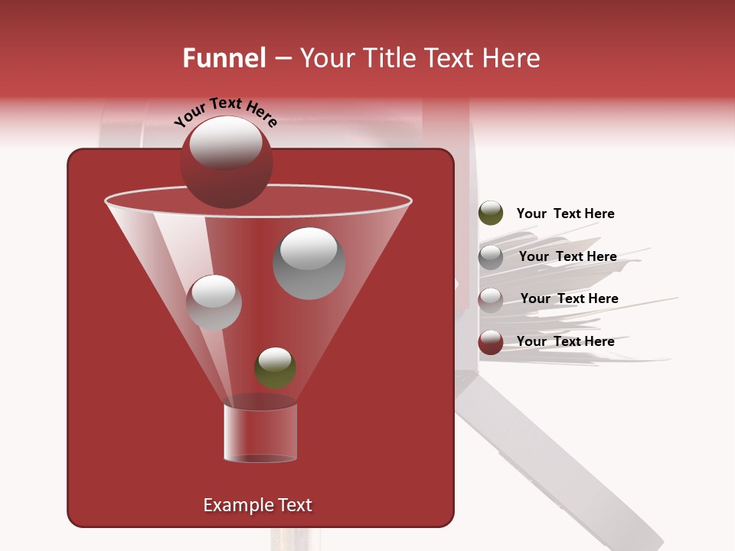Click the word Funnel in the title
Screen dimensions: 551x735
click(224, 58)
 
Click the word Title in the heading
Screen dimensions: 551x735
click(387, 58)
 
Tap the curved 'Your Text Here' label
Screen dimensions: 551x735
click(225, 112)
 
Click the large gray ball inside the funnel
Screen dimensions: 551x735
click(309, 263)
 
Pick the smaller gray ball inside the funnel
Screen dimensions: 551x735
click(214, 302)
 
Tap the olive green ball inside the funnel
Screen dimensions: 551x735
click(275, 368)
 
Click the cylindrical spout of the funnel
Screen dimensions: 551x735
click(260, 432)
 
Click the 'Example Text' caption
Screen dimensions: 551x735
click(257, 505)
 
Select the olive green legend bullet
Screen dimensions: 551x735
click(491, 214)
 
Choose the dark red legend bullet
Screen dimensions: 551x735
click(491, 342)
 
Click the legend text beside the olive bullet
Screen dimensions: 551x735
click(565, 214)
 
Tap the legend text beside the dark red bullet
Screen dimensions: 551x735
click(565, 341)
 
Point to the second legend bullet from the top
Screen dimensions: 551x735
click(491, 257)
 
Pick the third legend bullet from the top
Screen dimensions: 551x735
click(491, 300)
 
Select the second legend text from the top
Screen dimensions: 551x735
click(567, 256)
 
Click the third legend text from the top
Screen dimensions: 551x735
click(569, 298)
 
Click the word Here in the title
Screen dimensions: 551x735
click(512, 58)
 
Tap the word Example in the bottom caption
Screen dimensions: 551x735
click(234, 505)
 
